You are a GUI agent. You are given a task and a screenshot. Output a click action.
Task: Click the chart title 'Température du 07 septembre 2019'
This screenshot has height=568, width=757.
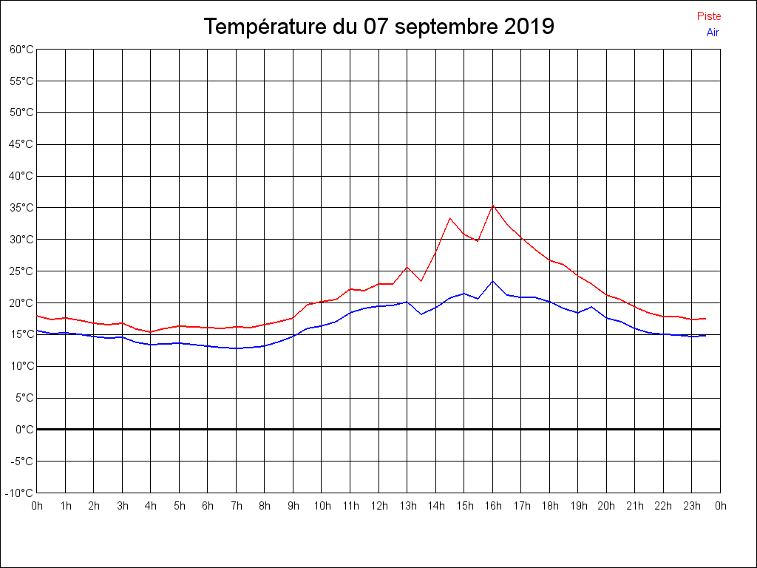pyautogui.click(x=378, y=27)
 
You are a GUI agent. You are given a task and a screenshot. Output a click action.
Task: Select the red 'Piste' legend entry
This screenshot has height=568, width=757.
pyautogui.click(x=708, y=16)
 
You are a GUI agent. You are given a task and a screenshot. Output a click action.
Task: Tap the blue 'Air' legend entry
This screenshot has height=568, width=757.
pyautogui.click(x=713, y=33)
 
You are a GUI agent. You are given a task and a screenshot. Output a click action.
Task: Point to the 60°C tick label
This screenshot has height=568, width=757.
pyautogui.click(x=21, y=50)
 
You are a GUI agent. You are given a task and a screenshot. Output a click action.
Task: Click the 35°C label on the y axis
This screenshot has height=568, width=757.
pyautogui.click(x=21, y=208)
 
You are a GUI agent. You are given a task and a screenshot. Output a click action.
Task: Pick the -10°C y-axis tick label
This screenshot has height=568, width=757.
pyautogui.click(x=20, y=493)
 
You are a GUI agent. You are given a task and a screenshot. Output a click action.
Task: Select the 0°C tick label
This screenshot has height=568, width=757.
pyautogui.click(x=24, y=429)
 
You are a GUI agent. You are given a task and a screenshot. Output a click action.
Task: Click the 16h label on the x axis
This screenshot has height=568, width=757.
pyautogui.click(x=493, y=506)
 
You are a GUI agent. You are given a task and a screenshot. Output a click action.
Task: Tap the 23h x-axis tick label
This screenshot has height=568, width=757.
pyautogui.click(x=692, y=506)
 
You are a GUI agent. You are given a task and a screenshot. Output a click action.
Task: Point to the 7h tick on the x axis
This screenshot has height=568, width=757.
pyautogui.click(x=236, y=506)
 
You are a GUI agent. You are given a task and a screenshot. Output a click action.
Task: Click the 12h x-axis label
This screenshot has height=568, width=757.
pyautogui.click(x=378, y=506)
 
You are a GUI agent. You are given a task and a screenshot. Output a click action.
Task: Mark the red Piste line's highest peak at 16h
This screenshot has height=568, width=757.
pyautogui.click(x=492, y=206)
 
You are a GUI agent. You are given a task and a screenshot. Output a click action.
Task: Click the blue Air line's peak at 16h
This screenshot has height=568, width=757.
pyautogui.click(x=492, y=281)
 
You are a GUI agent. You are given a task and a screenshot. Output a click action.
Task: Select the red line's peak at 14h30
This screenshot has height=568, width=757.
pyautogui.click(x=449, y=217)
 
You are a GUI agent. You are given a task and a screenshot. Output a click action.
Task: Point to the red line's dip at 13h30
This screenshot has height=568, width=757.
pyautogui.click(x=421, y=281)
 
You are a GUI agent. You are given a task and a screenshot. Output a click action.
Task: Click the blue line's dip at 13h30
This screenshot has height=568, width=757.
pyautogui.click(x=421, y=314)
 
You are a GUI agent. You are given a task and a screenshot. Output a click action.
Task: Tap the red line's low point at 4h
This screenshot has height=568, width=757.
pyautogui.click(x=151, y=332)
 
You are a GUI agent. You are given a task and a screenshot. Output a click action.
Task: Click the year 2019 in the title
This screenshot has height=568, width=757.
pyautogui.click(x=529, y=27)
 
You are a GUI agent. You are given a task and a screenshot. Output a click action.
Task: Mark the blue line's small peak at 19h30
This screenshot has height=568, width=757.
pyautogui.click(x=592, y=307)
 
